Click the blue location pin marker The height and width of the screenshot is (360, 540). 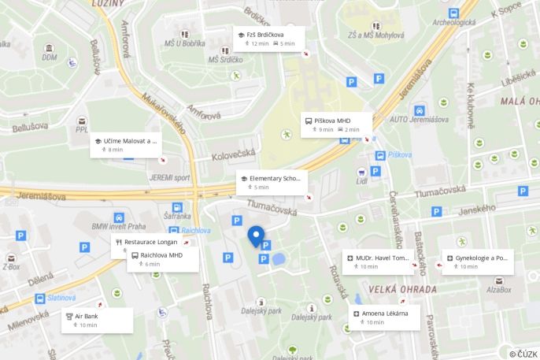tap(256, 236)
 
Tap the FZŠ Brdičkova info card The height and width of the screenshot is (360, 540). tap(269, 39)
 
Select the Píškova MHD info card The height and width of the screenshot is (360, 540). tap(335, 124)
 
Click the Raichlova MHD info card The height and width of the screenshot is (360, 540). tap(161, 259)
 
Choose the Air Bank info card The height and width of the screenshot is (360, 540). tap(97, 320)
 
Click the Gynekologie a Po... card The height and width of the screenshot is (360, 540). tap(478, 262)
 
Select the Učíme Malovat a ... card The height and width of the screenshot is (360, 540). tap(125, 144)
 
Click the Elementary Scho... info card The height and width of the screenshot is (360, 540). tap(270, 183)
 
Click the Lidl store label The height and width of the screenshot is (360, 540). tap(362, 181)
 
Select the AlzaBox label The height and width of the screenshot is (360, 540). tap(498, 290)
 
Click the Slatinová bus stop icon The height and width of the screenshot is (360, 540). tap(39, 299)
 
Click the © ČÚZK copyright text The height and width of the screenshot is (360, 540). tap(523, 354)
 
